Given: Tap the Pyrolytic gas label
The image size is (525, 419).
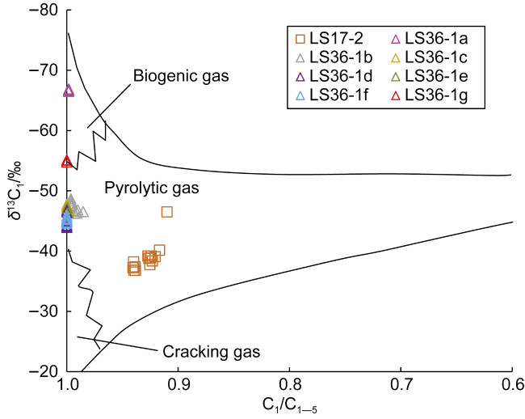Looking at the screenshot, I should point(140,187).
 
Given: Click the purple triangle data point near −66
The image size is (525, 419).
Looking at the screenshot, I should point(68,91).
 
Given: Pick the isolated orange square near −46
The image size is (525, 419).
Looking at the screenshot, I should point(166,212).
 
